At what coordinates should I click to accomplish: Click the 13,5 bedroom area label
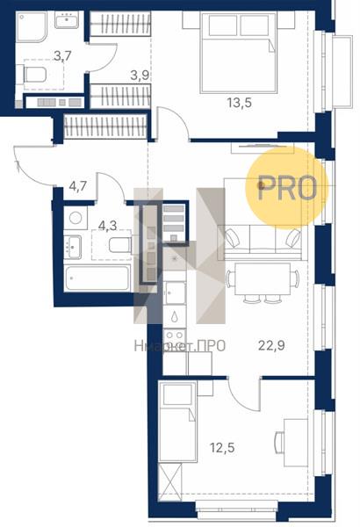pos(239,103)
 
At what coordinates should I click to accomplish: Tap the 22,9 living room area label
pos(271,345)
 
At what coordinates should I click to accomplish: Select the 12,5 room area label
pos(222,448)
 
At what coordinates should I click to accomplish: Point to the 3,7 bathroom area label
pos(62,56)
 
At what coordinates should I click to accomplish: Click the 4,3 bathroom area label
pos(108,226)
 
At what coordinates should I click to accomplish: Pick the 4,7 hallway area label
pos(78,185)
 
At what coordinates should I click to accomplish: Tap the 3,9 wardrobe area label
pos(140,76)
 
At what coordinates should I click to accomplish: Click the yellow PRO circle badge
pos(286,188)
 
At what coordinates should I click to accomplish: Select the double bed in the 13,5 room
pos(238,53)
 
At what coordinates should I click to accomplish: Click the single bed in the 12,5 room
pos(178,422)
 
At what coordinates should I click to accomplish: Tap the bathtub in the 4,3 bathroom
pos(97,278)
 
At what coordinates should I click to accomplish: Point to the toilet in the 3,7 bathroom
pos(34,75)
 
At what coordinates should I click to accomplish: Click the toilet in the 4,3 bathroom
pos(121,244)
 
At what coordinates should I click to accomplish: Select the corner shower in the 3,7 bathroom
pos(32,27)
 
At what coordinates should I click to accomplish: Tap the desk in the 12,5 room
pos(296,443)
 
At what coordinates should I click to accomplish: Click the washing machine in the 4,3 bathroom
pos(76,218)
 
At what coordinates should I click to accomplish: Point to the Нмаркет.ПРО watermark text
pos(179,346)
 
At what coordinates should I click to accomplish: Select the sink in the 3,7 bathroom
pos(67,20)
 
